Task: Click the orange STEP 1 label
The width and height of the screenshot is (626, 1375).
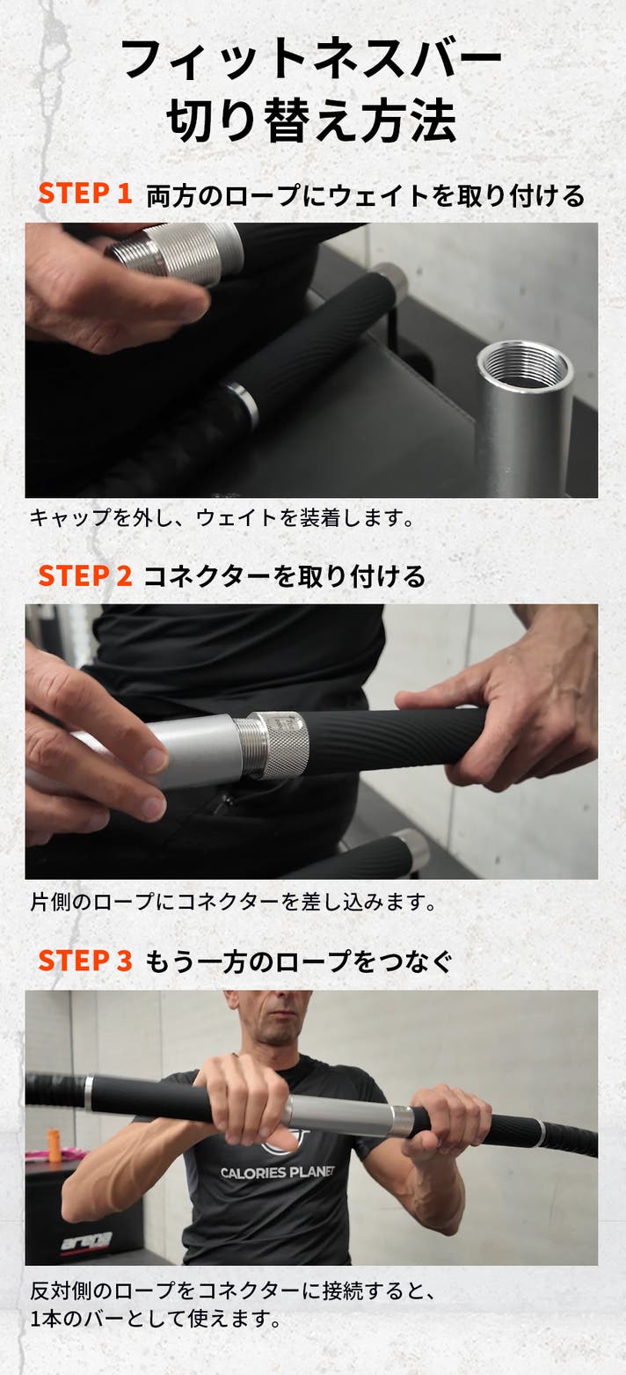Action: tap(84, 194)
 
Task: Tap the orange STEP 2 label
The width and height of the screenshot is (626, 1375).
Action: tap(84, 576)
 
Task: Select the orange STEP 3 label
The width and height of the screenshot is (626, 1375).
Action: tap(84, 961)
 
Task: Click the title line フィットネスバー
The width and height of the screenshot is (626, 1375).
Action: tap(312, 60)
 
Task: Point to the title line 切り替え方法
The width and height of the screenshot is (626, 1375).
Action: tap(312, 121)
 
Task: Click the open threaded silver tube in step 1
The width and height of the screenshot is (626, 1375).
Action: tap(526, 416)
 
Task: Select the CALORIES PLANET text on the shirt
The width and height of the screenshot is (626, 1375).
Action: tap(278, 1172)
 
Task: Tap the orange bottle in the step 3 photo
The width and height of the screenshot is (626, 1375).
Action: tap(54, 1145)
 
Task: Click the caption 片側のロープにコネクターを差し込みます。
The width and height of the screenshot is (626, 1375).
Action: tap(233, 902)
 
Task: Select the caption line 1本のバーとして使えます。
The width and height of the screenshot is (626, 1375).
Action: tap(156, 1319)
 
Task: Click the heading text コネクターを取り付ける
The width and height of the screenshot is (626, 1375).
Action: tap(284, 576)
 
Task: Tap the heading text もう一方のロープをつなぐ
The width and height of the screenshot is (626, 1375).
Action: tap(298, 962)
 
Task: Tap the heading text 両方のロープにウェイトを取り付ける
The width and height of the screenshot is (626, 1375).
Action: tap(366, 195)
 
